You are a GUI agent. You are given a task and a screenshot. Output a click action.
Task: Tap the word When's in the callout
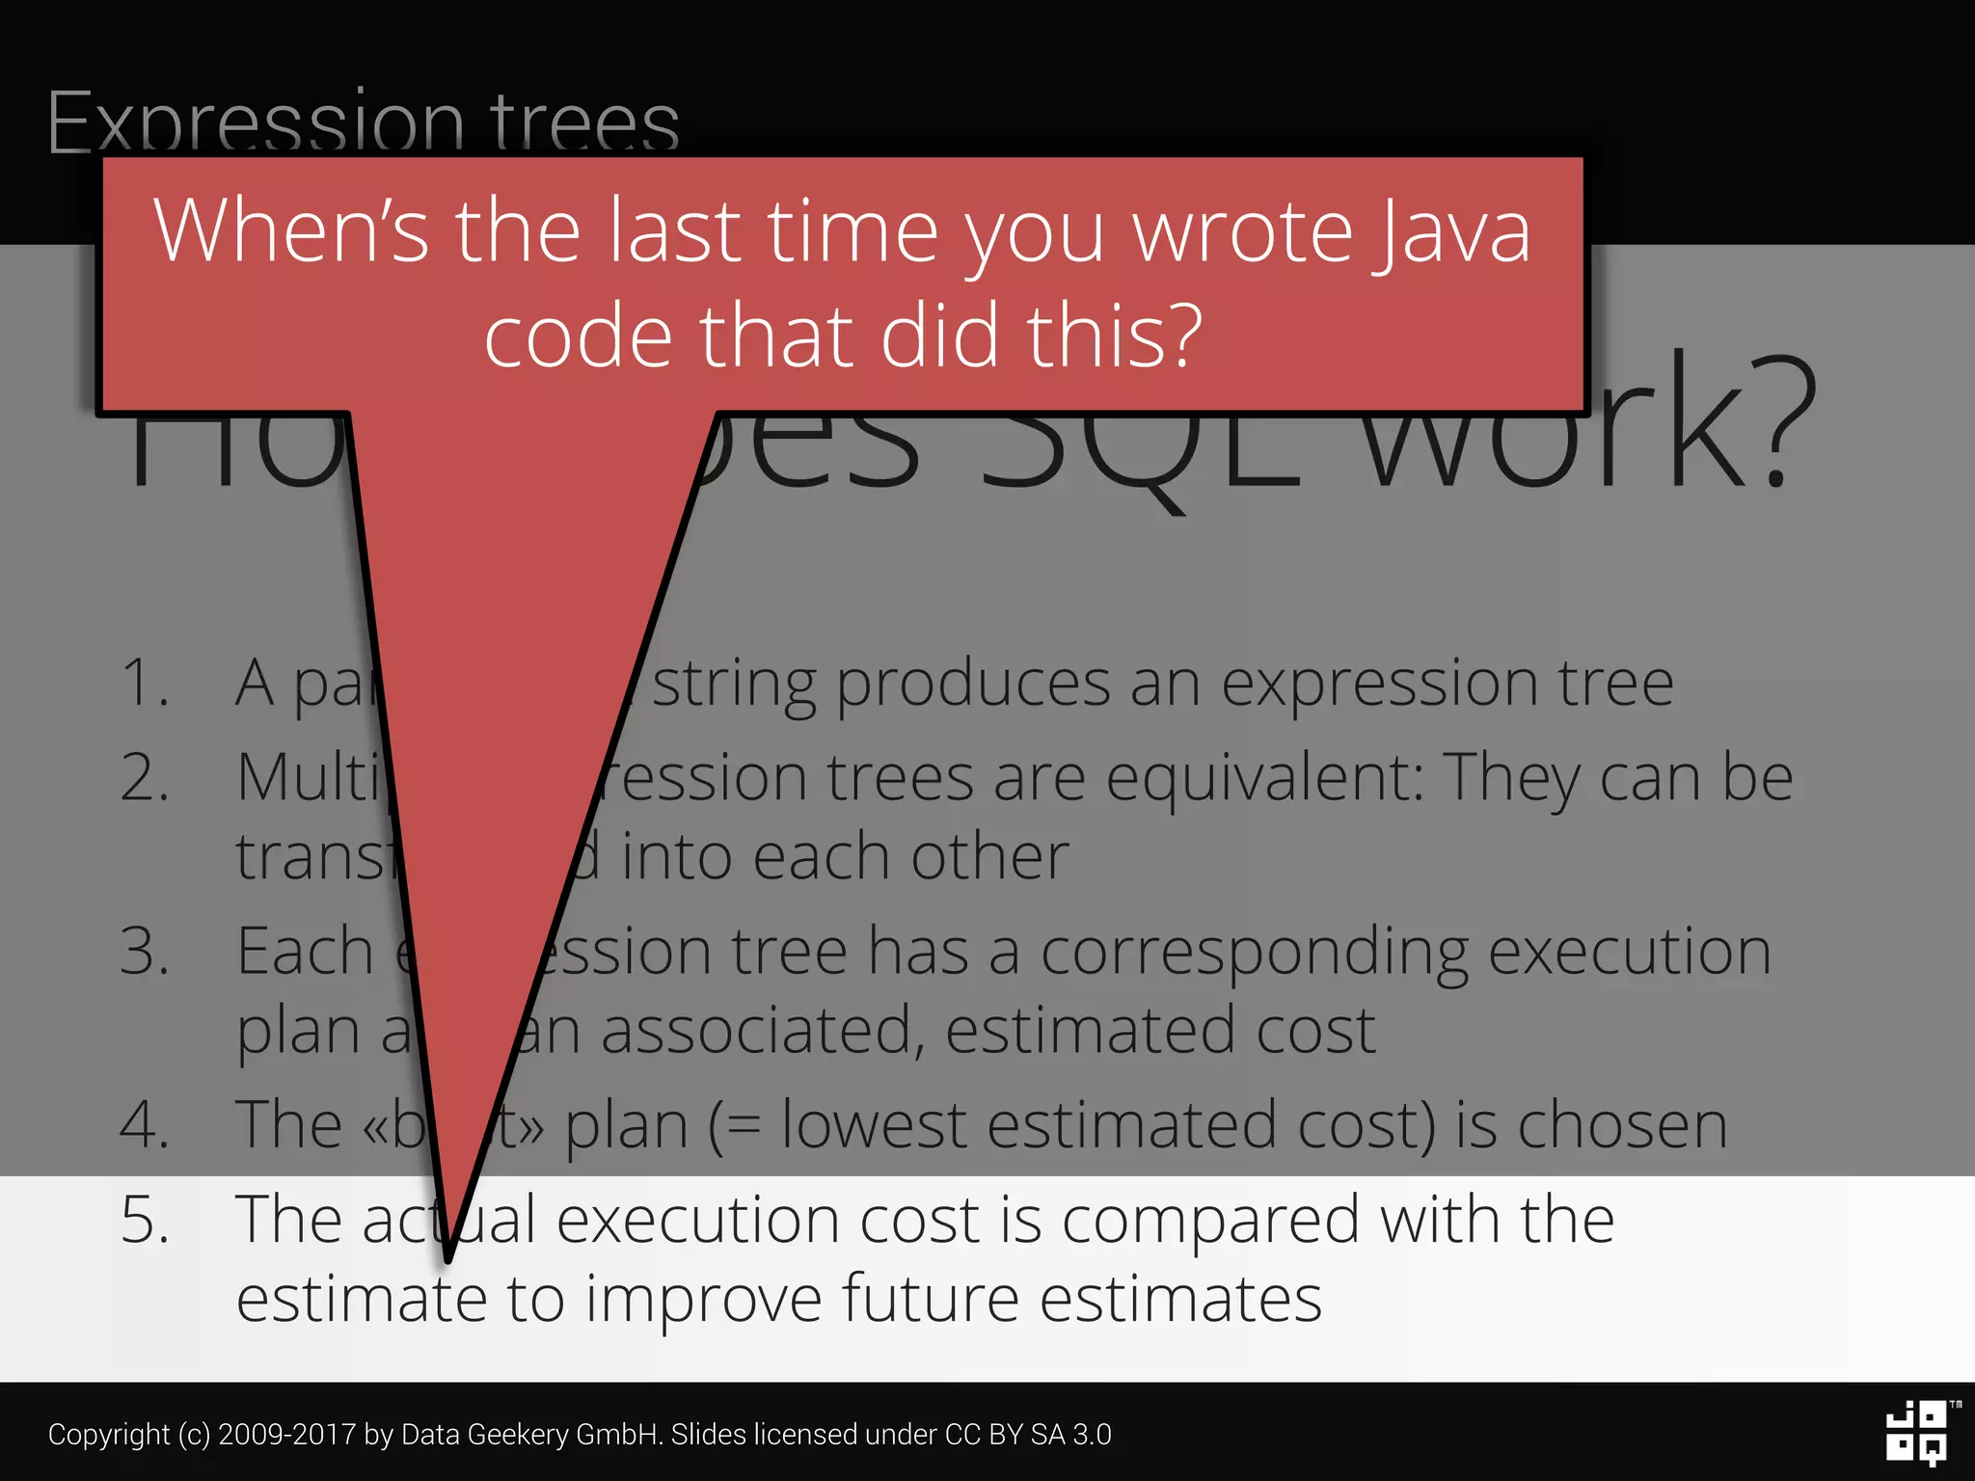pyautogui.click(x=290, y=231)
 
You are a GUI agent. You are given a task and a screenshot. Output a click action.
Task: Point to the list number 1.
pyautogui.click(x=145, y=684)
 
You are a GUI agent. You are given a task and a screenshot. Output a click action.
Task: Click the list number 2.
pyautogui.click(x=145, y=778)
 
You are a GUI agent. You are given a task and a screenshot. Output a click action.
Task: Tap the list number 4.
pyautogui.click(x=145, y=1125)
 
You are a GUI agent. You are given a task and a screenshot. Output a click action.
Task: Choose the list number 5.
pyautogui.click(x=145, y=1221)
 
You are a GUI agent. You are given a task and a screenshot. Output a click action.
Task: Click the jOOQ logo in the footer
pyautogui.click(x=1918, y=1433)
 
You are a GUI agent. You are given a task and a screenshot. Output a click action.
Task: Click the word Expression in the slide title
pyautogui.click(x=257, y=123)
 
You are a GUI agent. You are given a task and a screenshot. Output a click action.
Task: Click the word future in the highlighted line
pyautogui.click(x=931, y=1299)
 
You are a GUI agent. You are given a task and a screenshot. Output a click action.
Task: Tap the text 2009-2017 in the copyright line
pyautogui.click(x=286, y=1435)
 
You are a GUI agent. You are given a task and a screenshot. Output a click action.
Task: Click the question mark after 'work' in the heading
pyautogui.click(x=1783, y=424)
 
